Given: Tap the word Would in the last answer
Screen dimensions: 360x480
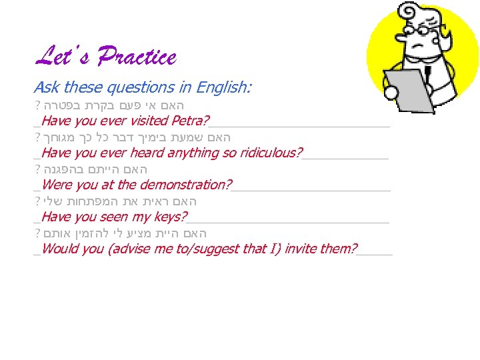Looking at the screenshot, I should (x=59, y=249).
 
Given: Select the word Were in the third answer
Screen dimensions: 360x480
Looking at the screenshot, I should (x=57, y=185).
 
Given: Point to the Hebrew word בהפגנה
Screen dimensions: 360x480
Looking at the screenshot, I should (x=63, y=169).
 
